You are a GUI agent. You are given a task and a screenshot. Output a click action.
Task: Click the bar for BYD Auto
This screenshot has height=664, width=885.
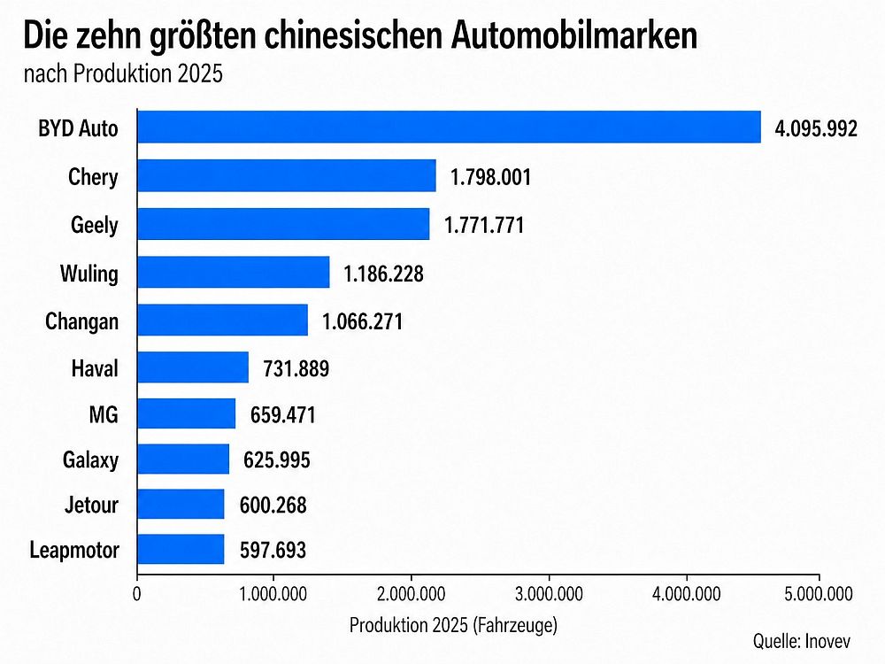pos(449,127)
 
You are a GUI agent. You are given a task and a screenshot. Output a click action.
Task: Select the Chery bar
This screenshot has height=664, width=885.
pos(287,175)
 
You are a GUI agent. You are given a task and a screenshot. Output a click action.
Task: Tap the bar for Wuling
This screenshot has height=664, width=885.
pos(234,272)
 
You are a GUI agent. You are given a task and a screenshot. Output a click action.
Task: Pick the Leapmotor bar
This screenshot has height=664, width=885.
pos(181,550)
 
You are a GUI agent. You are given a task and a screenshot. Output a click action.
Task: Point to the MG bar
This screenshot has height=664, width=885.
pos(187,413)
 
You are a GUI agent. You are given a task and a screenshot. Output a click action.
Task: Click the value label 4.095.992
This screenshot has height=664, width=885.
pos(816,129)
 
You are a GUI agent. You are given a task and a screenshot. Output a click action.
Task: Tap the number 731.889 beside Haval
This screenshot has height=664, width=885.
pos(296,368)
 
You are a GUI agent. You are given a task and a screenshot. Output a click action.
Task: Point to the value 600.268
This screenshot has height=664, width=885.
pos(273,506)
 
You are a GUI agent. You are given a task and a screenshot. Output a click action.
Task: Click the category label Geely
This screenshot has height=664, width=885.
pos(95,225)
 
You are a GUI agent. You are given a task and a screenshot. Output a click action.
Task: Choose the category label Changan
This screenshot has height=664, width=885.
pos(81,320)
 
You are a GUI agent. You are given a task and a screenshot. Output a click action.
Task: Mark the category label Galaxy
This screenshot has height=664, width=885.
pos(90,459)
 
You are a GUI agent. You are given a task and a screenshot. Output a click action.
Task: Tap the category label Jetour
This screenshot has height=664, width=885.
pos(91,506)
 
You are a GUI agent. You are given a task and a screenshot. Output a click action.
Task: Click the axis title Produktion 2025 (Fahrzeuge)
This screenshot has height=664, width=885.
pos(453,625)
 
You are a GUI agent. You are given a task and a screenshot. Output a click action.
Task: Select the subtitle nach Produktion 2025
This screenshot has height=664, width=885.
pos(123,73)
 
